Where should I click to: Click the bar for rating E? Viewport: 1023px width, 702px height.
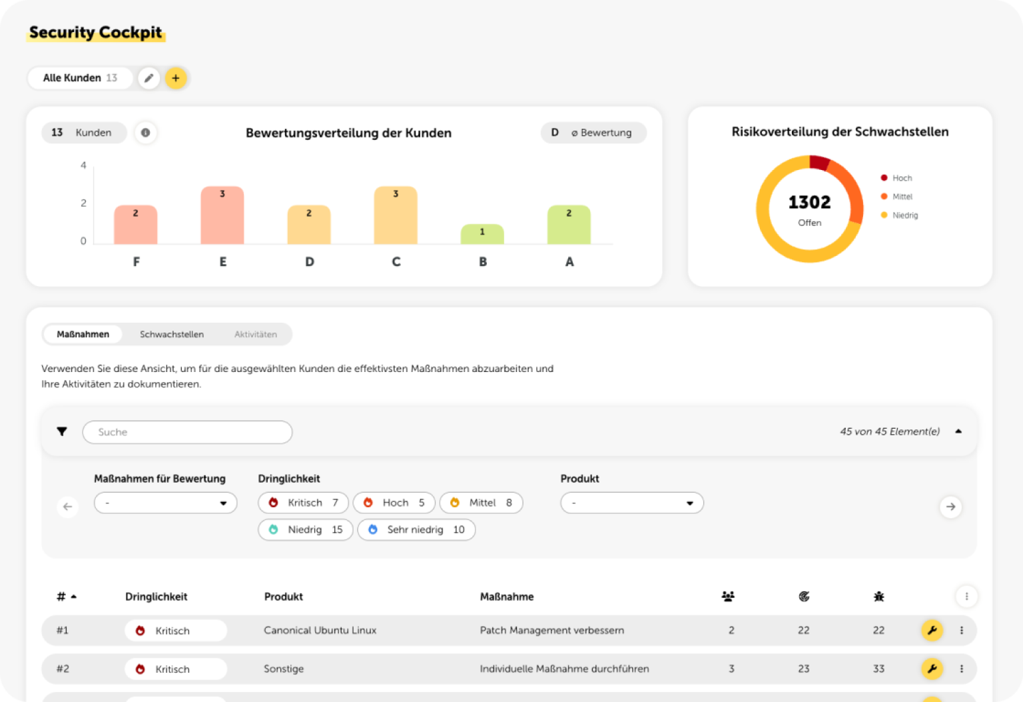tap(222, 215)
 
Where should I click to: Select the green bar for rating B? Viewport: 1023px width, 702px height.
tap(482, 234)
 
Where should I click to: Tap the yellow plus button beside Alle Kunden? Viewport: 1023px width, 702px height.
tap(176, 78)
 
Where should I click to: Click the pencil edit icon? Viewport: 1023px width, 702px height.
tap(149, 78)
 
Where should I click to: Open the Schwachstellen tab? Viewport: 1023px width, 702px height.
tap(172, 334)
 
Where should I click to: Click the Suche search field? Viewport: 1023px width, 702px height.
tap(187, 432)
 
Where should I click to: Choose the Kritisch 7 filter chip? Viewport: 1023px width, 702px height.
tap(303, 503)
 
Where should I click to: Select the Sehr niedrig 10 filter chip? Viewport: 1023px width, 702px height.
tap(416, 529)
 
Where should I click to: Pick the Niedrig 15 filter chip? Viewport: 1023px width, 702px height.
tap(306, 529)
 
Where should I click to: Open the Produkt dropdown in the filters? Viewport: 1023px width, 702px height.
tap(632, 503)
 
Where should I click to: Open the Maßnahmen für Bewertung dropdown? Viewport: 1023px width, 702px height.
tap(166, 503)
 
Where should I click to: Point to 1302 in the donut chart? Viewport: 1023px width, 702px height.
tap(809, 202)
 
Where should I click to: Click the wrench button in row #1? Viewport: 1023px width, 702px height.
tap(932, 630)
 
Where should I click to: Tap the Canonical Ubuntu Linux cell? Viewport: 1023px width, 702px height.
tap(320, 630)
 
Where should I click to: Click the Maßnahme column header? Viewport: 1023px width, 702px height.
tap(507, 597)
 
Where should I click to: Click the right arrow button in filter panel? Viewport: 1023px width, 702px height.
tap(950, 507)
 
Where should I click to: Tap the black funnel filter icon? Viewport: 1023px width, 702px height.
tap(62, 431)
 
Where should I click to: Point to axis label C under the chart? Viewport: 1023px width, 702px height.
tap(396, 262)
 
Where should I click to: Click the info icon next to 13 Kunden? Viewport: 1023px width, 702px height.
tap(145, 133)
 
